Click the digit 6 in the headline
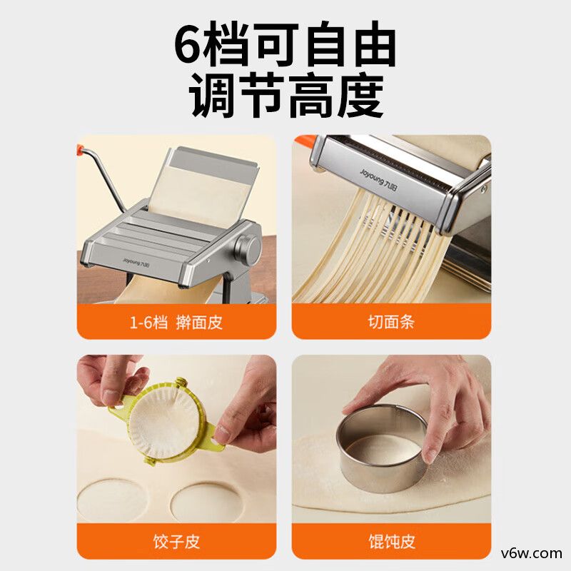point(188,44)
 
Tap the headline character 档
point(227,44)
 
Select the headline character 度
point(360,96)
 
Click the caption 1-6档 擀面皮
point(176,323)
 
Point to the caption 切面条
point(391,322)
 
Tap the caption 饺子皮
point(176,542)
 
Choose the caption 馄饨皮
point(391,542)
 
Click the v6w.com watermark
point(531,554)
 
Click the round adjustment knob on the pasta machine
point(248,248)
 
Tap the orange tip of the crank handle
point(80,148)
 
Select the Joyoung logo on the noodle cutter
point(379,179)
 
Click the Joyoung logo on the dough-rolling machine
point(136,262)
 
